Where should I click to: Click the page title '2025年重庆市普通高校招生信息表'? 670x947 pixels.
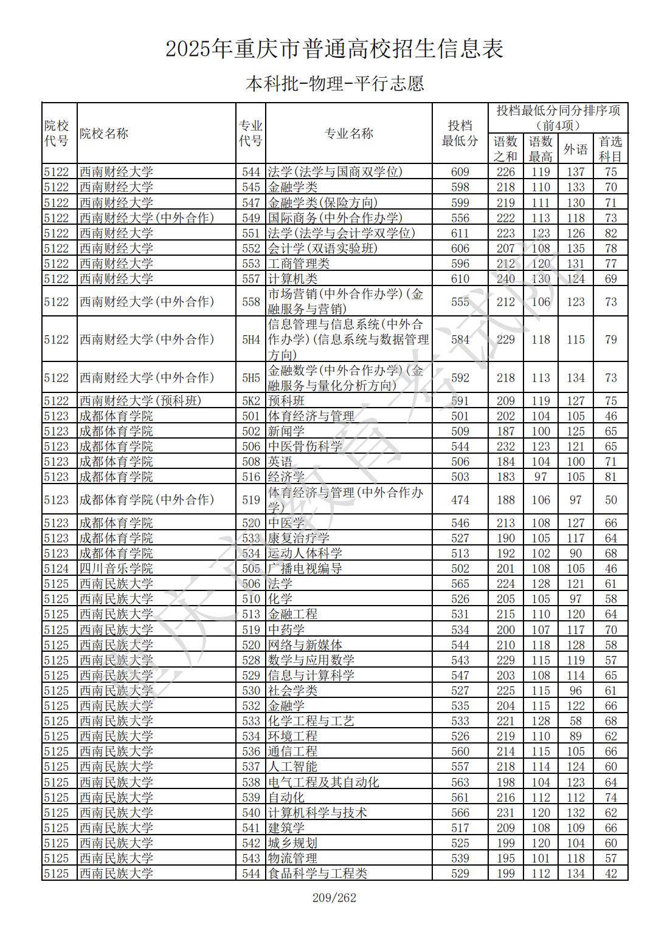click(334, 49)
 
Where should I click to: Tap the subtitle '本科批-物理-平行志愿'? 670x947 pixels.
click(334, 83)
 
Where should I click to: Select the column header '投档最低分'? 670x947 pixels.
click(460, 134)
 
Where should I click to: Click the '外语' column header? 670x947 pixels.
click(575, 149)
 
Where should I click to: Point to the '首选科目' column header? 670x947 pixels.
click(610, 149)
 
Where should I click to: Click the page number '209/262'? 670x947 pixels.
click(334, 898)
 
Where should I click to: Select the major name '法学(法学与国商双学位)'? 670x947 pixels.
click(335, 172)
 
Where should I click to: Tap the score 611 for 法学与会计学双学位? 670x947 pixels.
click(460, 233)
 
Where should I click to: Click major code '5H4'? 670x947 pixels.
click(250, 340)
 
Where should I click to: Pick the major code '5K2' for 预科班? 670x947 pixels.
click(250, 401)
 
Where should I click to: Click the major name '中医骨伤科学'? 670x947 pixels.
click(305, 446)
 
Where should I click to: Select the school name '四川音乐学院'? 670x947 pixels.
click(116, 569)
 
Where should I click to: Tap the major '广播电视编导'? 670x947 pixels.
click(305, 569)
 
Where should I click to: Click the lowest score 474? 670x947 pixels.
click(460, 500)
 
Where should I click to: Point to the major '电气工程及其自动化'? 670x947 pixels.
click(323, 782)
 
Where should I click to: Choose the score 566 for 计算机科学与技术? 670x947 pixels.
click(460, 813)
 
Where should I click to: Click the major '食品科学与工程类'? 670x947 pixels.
click(317, 873)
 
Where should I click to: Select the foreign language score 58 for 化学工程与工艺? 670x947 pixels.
click(575, 721)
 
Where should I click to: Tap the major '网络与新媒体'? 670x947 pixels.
click(305, 645)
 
